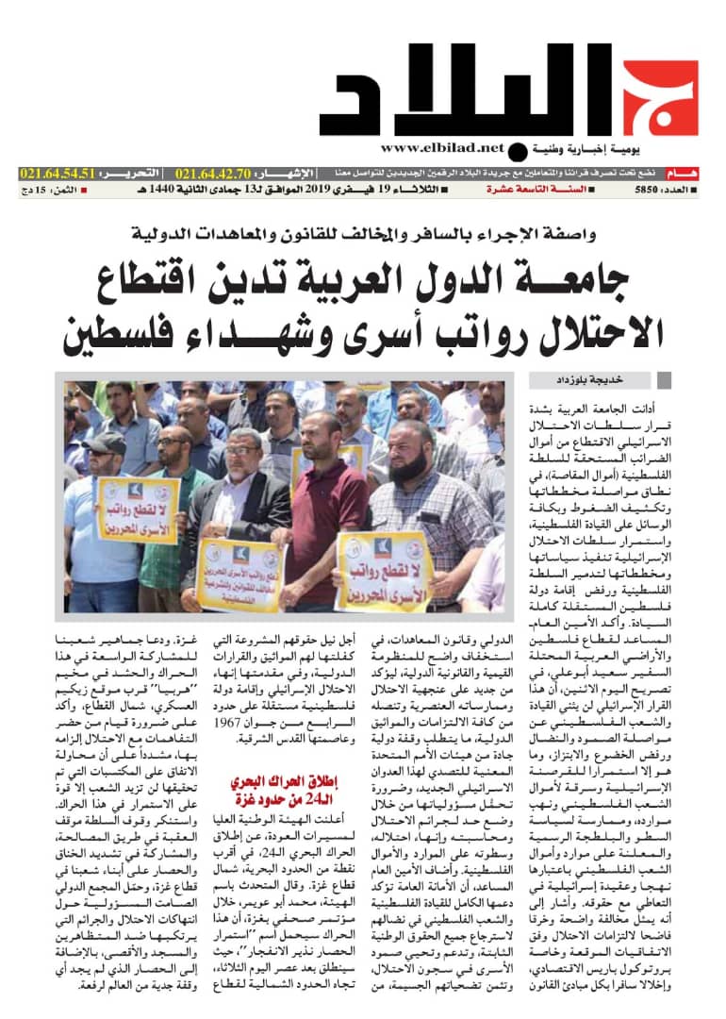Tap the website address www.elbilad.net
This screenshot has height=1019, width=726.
[443, 148]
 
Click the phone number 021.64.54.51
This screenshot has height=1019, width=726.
[58, 174]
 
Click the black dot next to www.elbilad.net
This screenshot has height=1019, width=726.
[517, 151]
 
